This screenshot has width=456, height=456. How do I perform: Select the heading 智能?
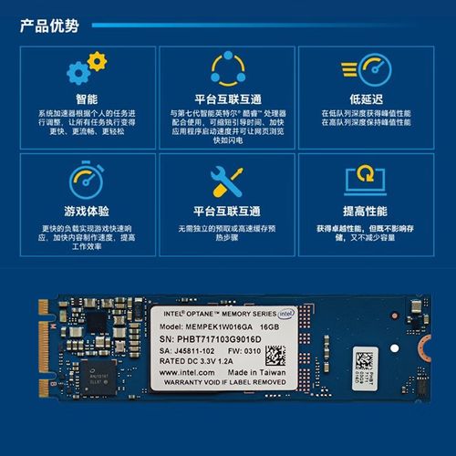(x=87, y=98)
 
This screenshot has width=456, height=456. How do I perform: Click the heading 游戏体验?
(x=87, y=209)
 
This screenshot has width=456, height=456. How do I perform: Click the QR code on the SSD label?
(x=276, y=356)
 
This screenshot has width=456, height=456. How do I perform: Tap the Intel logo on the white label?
(x=286, y=314)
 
